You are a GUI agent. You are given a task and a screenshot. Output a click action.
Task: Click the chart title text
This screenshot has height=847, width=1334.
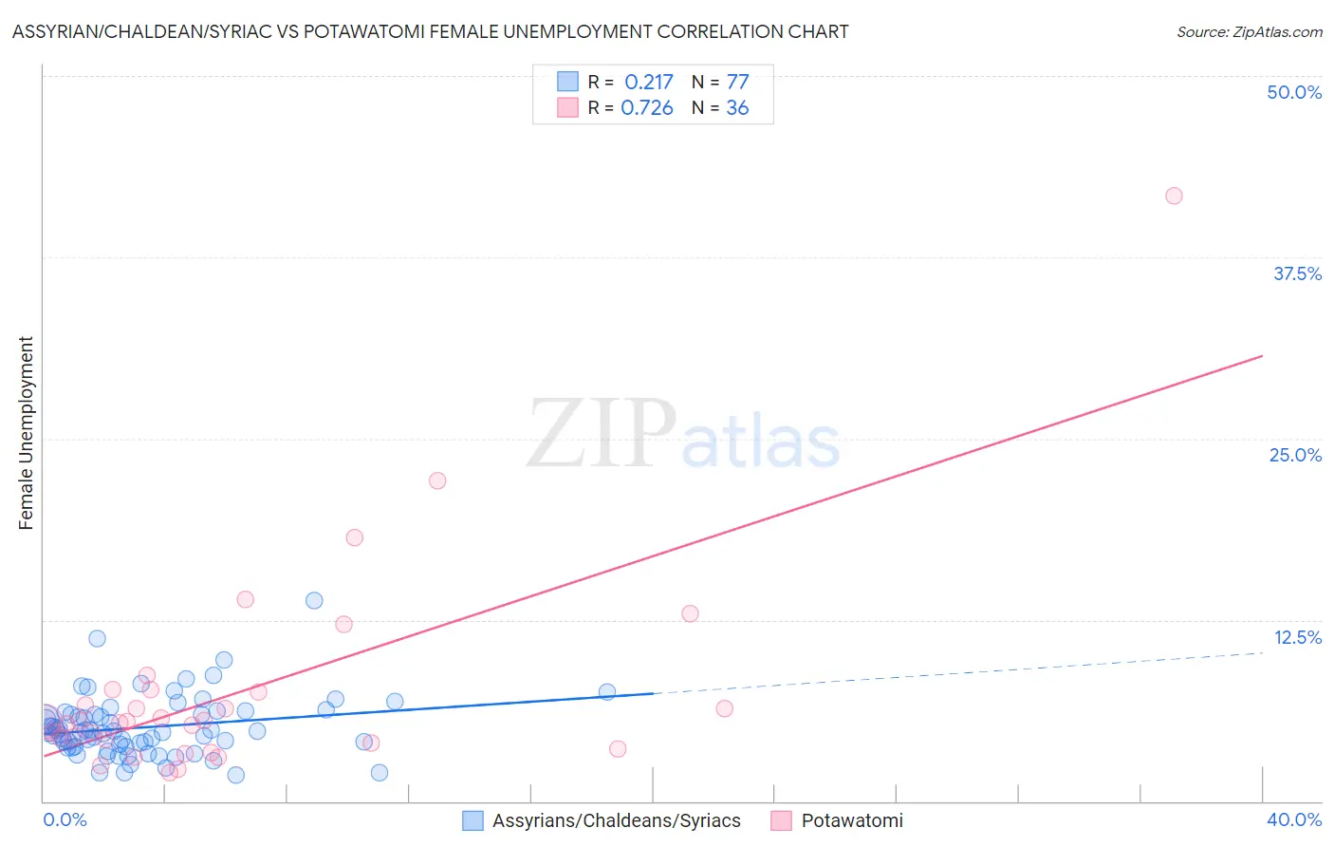pyautogui.click(x=430, y=31)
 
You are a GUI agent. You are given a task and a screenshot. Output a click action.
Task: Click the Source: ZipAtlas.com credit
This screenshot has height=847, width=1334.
pyautogui.click(x=1249, y=31)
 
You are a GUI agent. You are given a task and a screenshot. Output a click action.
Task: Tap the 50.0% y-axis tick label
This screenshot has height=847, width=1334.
pyautogui.click(x=1294, y=92)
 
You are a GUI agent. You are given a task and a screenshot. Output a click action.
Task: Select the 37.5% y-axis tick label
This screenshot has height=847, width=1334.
pyautogui.click(x=1297, y=273)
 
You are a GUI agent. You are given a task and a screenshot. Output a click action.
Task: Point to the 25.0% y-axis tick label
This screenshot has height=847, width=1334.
pyautogui.click(x=1295, y=455)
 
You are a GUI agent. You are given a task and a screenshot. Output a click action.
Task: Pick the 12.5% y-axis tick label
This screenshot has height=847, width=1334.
pyautogui.click(x=1297, y=637)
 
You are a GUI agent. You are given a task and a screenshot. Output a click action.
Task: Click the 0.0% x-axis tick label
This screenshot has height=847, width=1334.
pyautogui.click(x=65, y=819)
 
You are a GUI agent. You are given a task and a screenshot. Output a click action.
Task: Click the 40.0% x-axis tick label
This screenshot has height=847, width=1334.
pyautogui.click(x=1294, y=819)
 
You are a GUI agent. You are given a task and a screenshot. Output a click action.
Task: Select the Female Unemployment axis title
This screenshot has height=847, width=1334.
pyautogui.click(x=26, y=433)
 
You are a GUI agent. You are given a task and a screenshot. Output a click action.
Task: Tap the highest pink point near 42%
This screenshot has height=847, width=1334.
pyautogui.click(x=1174, y=196)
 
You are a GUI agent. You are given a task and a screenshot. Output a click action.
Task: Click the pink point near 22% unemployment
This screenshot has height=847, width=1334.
pyautogui.click(x=437, y=480)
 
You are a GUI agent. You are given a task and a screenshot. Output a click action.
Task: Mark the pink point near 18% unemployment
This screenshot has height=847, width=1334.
pyautogui.click(x=355, y=537)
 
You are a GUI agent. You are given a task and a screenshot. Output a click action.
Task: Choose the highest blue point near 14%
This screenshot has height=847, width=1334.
pyautogui.click(x=314, y=600)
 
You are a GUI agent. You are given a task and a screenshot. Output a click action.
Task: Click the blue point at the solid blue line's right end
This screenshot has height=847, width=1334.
pyautogui.click(x=607, y=692)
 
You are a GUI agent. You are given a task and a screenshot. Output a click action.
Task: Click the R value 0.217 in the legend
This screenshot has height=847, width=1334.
pyautogui.click(x=648, y=83)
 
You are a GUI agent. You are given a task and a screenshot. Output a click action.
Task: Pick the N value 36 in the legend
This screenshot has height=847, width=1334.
pyautogui.click(x=737, y=108)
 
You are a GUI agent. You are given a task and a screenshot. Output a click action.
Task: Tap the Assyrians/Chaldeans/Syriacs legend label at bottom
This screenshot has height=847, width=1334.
pyautogui.click(x=616, y=820)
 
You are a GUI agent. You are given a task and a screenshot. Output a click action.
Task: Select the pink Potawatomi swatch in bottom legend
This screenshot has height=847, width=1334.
pyautogui.click(x=781, y=820)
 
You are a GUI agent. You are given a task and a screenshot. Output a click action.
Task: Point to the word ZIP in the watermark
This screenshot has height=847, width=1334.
pyautogui.click(x=602, y=434)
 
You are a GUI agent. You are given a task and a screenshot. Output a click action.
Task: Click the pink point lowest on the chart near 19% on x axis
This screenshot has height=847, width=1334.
pyautogui.click(x=618, y=749)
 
